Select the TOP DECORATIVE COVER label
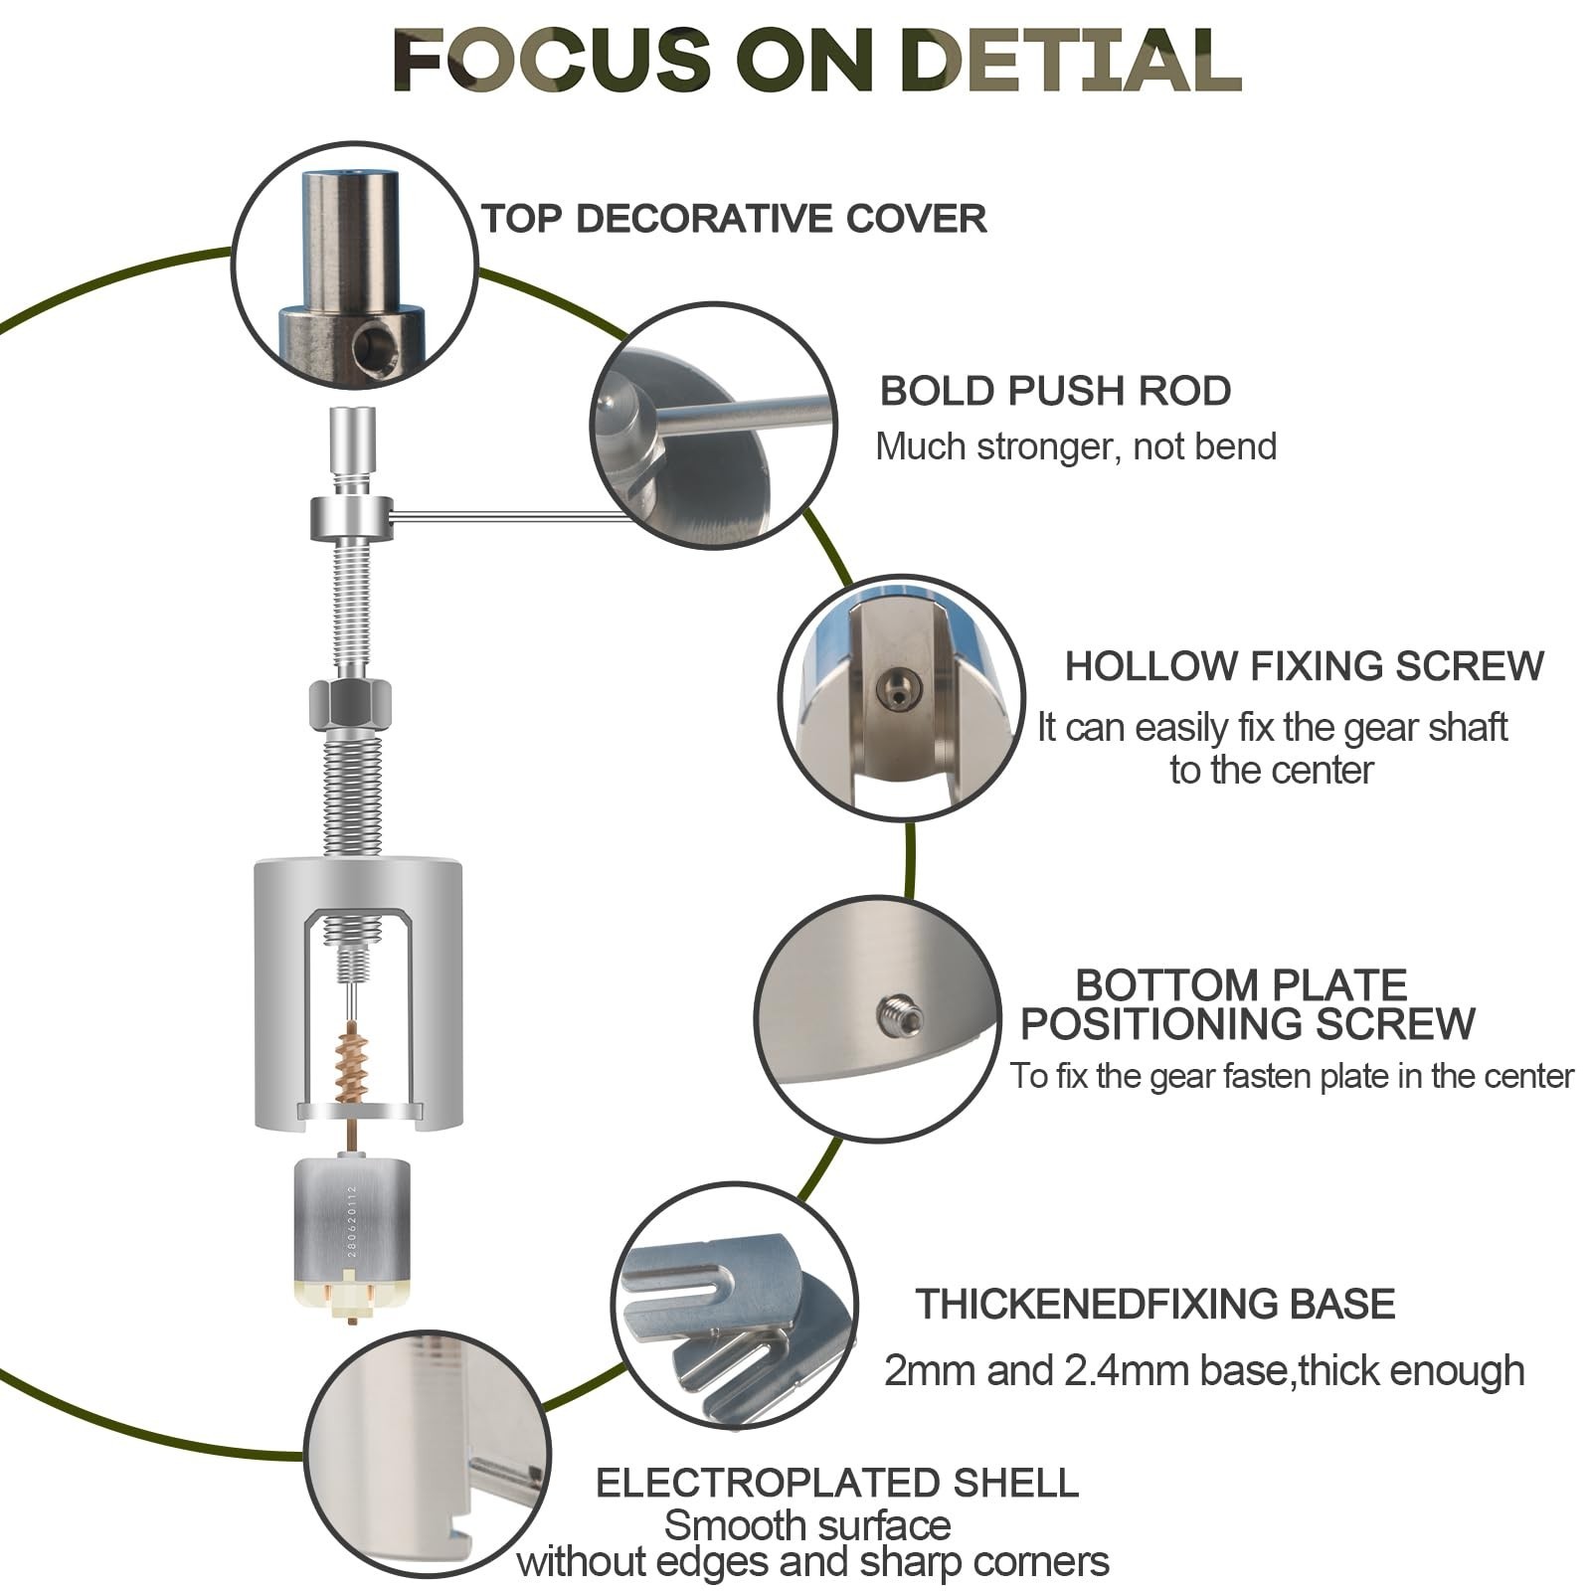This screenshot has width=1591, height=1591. [734, 219]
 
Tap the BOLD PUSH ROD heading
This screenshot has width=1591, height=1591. [1055, 391]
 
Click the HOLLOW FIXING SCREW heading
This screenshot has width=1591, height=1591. [1304, 666]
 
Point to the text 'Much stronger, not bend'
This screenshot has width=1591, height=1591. [1076, 446]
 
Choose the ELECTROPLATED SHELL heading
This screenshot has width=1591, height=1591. [837, 1483]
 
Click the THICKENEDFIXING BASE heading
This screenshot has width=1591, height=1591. [1155, 1304]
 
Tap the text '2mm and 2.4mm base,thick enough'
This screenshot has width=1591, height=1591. [1204, 1370]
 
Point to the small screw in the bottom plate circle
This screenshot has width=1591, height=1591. [900, 1015]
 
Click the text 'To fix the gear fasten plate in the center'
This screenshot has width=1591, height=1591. [1293, 1076]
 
